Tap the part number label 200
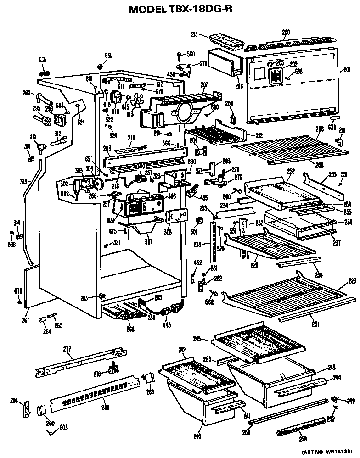(x=286, y=33)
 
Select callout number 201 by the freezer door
(x=347, y=70)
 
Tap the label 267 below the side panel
(x=26, y=320)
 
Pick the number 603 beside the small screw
(x=63, y=428)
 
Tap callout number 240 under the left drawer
(x=197, y=436)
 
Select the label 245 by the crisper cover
(x=210, y=339)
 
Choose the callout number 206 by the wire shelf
(x=320, y=130)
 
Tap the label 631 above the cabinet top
(x=108, y=55)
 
